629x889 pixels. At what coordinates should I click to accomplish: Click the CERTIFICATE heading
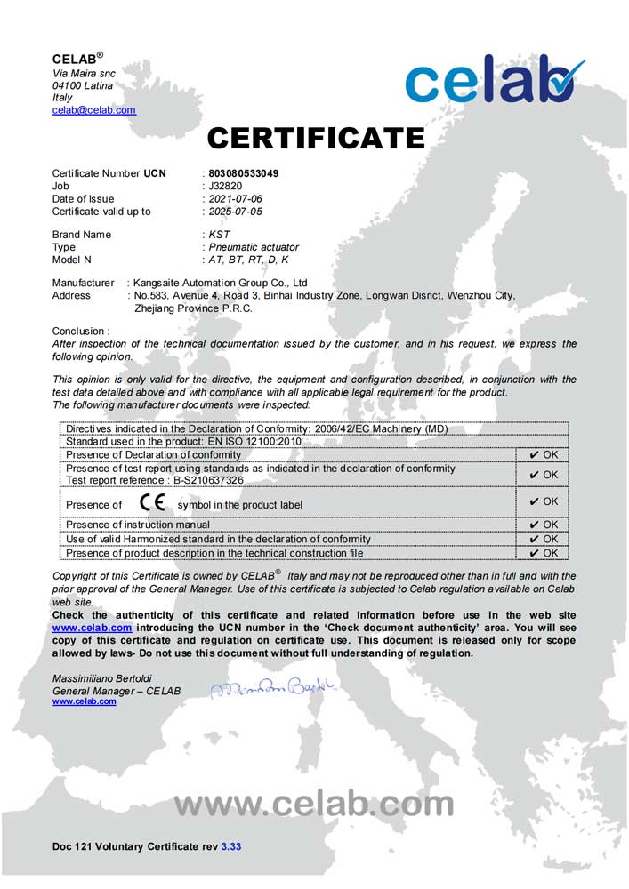(316, 138)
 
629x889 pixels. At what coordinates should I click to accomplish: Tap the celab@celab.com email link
(93, 110)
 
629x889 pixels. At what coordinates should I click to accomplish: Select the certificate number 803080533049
(243, 173)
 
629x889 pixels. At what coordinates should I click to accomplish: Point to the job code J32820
(225, 187)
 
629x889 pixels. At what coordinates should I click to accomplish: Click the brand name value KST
(219, 235)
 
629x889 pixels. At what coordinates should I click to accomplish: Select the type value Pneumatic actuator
(254, 247)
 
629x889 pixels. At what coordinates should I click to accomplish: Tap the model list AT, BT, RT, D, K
(249, 260)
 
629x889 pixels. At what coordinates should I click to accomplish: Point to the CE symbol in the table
(151, 503)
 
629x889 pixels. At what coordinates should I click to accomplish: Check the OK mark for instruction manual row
(543, 525)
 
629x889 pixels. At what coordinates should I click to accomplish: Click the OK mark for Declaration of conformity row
(543, 454)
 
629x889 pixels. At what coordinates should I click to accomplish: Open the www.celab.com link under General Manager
(84, 701)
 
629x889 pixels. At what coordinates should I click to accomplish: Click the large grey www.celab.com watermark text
(314, 804)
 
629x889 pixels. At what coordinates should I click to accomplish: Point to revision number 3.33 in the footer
(230, 847)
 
